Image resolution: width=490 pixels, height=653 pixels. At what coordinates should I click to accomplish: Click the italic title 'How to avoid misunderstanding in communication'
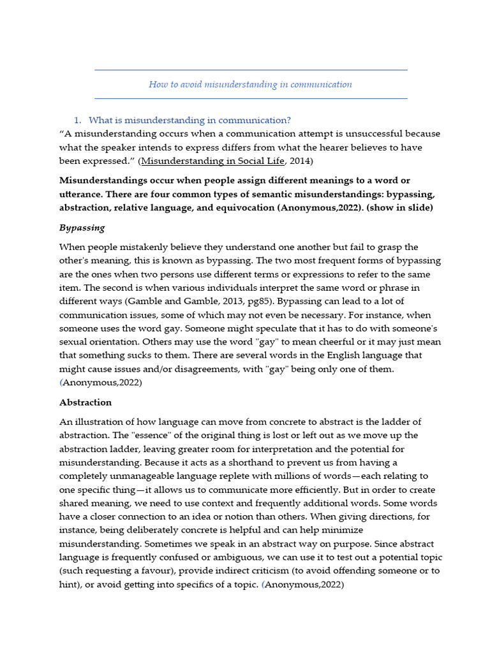pos(250,84)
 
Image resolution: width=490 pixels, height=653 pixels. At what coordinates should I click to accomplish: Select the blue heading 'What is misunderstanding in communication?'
pos(189,120)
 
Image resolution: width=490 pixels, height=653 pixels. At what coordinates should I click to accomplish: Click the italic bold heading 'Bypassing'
pos(82,228)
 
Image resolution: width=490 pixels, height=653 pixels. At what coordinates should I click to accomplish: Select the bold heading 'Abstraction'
pos(85,402)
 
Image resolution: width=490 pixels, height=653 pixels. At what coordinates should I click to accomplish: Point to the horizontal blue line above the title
pos(250,70)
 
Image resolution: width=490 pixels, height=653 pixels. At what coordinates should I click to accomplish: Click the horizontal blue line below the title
pos(250,98)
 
